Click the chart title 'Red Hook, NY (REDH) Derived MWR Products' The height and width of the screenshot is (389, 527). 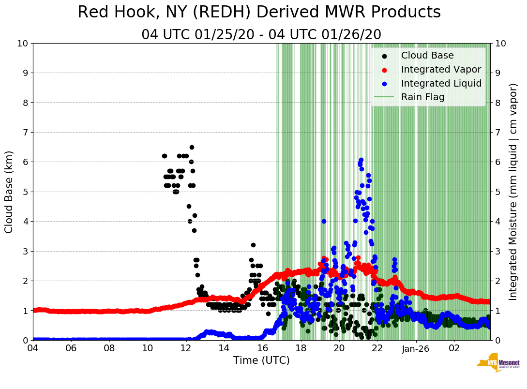(x=259, y=13)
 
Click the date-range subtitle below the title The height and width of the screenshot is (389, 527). (x=261, y=35)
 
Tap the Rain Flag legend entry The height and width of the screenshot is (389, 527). (x=422, y=97)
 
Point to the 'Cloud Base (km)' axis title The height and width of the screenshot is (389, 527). (x=9, y=192)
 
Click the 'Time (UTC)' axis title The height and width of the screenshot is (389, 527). (x=261, y=360)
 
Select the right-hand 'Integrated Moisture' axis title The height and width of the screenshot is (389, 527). (x=513, y=192)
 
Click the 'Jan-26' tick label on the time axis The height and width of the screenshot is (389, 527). (x=416, y=348)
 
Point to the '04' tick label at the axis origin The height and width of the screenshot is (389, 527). (x=33, y=348)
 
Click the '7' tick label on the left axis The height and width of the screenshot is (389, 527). (x=25, y=132)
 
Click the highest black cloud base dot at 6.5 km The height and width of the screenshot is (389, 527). (x=192, y=147)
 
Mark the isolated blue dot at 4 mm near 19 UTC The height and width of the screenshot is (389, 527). (x=324, y=221)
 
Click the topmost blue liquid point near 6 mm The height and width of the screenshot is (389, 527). (x=361, y=160)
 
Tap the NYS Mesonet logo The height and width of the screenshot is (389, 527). (x=498, y=363)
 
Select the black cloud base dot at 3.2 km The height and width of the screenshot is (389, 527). (x=253, y=245)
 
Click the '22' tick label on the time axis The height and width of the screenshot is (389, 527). (x=377, y=348)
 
